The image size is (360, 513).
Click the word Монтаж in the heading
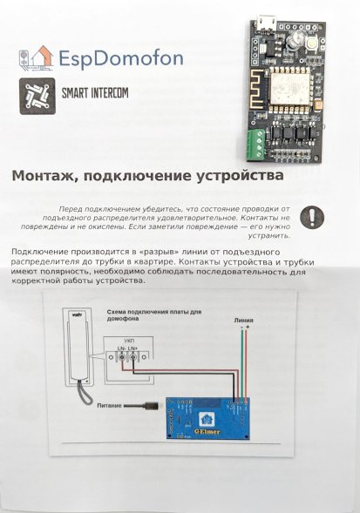(43, 175)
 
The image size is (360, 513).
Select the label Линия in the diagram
(243, 321)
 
